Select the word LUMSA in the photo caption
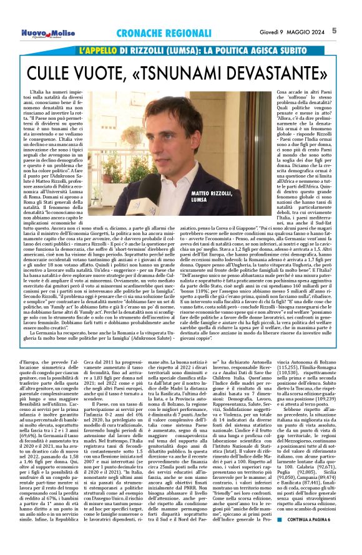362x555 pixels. point(216,201)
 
